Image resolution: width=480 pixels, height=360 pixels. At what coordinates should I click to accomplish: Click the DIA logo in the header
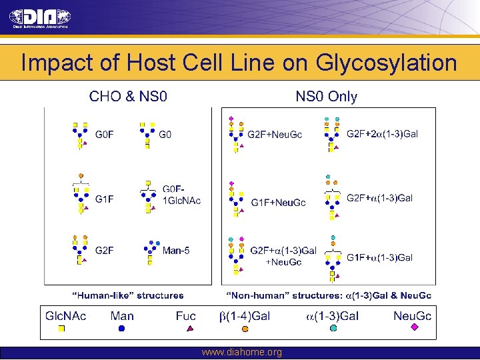[41, 17]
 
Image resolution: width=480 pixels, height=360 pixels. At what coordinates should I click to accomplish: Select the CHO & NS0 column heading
[129, 97]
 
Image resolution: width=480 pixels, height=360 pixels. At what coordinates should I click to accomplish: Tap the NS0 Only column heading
[326, 97]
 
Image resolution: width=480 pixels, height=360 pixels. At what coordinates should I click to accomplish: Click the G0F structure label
[105, 135]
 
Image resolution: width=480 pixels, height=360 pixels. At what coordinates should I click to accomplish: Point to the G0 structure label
[165, 135]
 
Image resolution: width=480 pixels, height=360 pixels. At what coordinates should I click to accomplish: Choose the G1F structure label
[105, 199]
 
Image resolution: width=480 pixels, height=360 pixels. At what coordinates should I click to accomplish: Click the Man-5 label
[176, 251]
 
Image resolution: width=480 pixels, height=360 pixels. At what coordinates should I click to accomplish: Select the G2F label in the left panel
[105, 251]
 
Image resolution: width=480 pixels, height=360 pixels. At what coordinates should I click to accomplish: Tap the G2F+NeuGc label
[275, 135]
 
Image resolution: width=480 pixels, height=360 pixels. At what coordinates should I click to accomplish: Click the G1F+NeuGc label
[278, 203]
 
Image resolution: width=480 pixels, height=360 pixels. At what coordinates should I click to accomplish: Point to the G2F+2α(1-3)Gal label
[382, 134]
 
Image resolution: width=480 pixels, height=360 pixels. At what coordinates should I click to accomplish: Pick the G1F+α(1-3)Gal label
[379, 257]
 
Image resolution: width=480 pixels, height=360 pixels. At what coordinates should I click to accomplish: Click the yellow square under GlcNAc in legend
[61, 328]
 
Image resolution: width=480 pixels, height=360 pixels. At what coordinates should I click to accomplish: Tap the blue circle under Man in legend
[121, 328]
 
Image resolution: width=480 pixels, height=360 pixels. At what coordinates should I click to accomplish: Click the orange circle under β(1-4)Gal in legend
[245, 328]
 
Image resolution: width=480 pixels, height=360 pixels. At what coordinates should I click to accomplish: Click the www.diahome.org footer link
[241, 352]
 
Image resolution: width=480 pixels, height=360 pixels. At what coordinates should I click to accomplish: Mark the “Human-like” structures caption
[127, 295]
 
